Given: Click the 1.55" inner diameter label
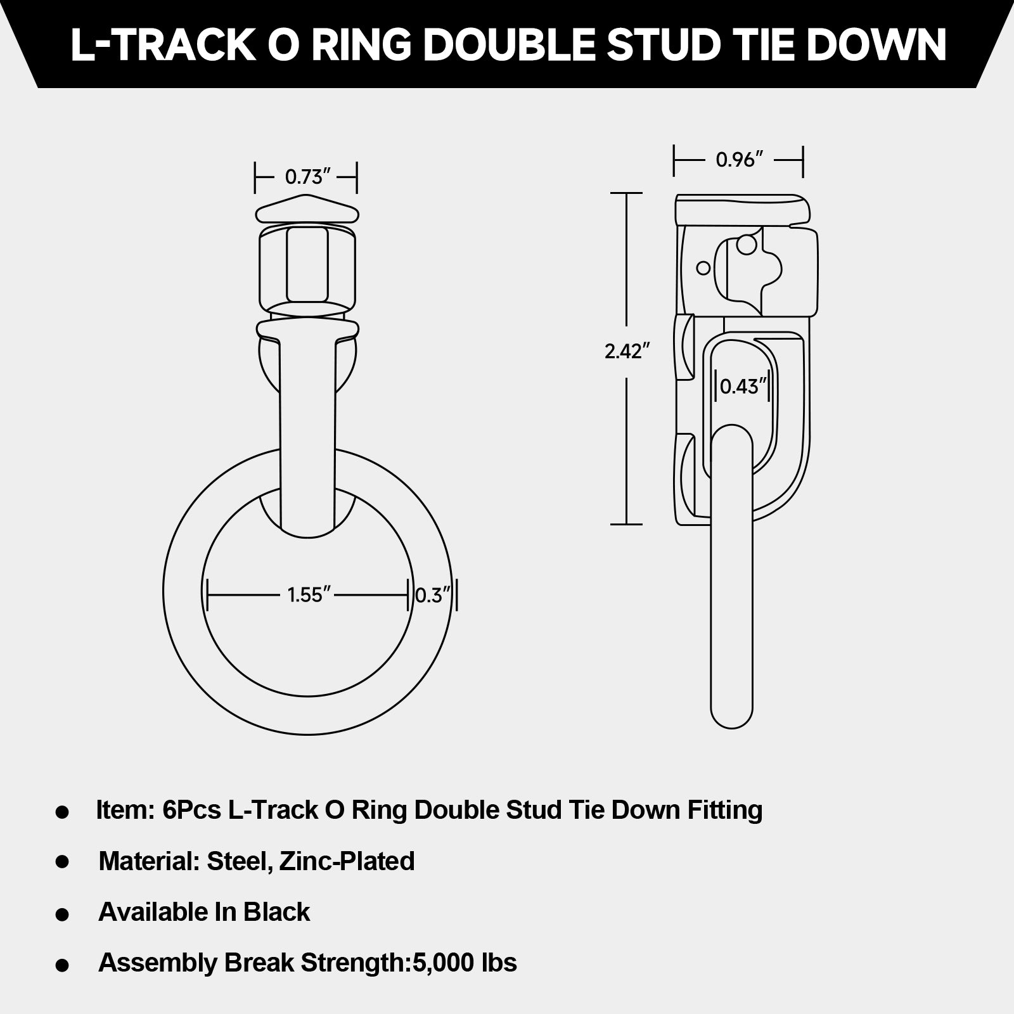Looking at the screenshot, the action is click(309, 595).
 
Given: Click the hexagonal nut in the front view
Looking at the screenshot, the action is click(307, 265).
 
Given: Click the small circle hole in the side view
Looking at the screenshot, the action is click(703, 268).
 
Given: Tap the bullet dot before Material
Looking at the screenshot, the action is click(62, 862).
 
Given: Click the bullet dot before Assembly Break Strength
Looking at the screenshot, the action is click(62, 965).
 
